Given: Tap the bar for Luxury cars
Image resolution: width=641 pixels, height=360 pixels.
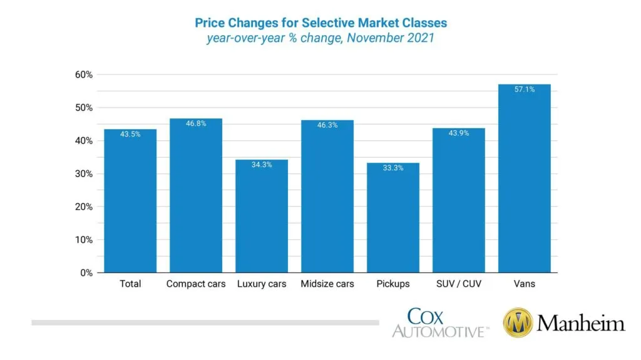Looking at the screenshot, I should tap(261, 216).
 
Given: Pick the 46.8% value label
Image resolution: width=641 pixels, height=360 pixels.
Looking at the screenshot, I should tap(195, 124).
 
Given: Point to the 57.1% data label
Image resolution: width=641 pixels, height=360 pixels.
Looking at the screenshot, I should tap(524, 90).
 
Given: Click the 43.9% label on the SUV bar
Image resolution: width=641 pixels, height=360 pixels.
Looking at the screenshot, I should tap(458, 133).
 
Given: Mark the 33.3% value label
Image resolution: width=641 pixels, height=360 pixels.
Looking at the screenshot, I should tap(392, 168).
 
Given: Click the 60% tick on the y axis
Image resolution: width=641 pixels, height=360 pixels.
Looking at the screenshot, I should tap(84, 75).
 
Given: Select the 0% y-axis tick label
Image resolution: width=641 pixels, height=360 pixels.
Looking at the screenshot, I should tap(86, 273).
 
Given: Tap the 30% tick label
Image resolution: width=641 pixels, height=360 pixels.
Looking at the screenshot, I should tap(84, 174).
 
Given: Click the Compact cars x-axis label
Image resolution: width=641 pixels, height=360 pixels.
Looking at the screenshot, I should tap(195, 284).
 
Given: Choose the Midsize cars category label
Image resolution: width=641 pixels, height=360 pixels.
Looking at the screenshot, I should tap(327, 284).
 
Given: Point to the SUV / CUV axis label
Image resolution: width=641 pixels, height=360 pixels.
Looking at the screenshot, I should tap(458, 284).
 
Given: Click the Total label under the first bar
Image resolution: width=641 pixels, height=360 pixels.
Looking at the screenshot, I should tap(130, 284).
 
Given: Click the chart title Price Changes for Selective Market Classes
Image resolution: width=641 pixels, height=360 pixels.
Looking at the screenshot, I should tap(320, 23).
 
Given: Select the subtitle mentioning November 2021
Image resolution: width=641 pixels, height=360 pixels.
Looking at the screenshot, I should tap(320, 39).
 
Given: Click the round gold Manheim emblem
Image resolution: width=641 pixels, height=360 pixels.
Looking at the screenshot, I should tap(517, 323).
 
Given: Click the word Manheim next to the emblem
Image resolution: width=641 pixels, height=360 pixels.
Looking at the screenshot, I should tap(580, 324).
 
